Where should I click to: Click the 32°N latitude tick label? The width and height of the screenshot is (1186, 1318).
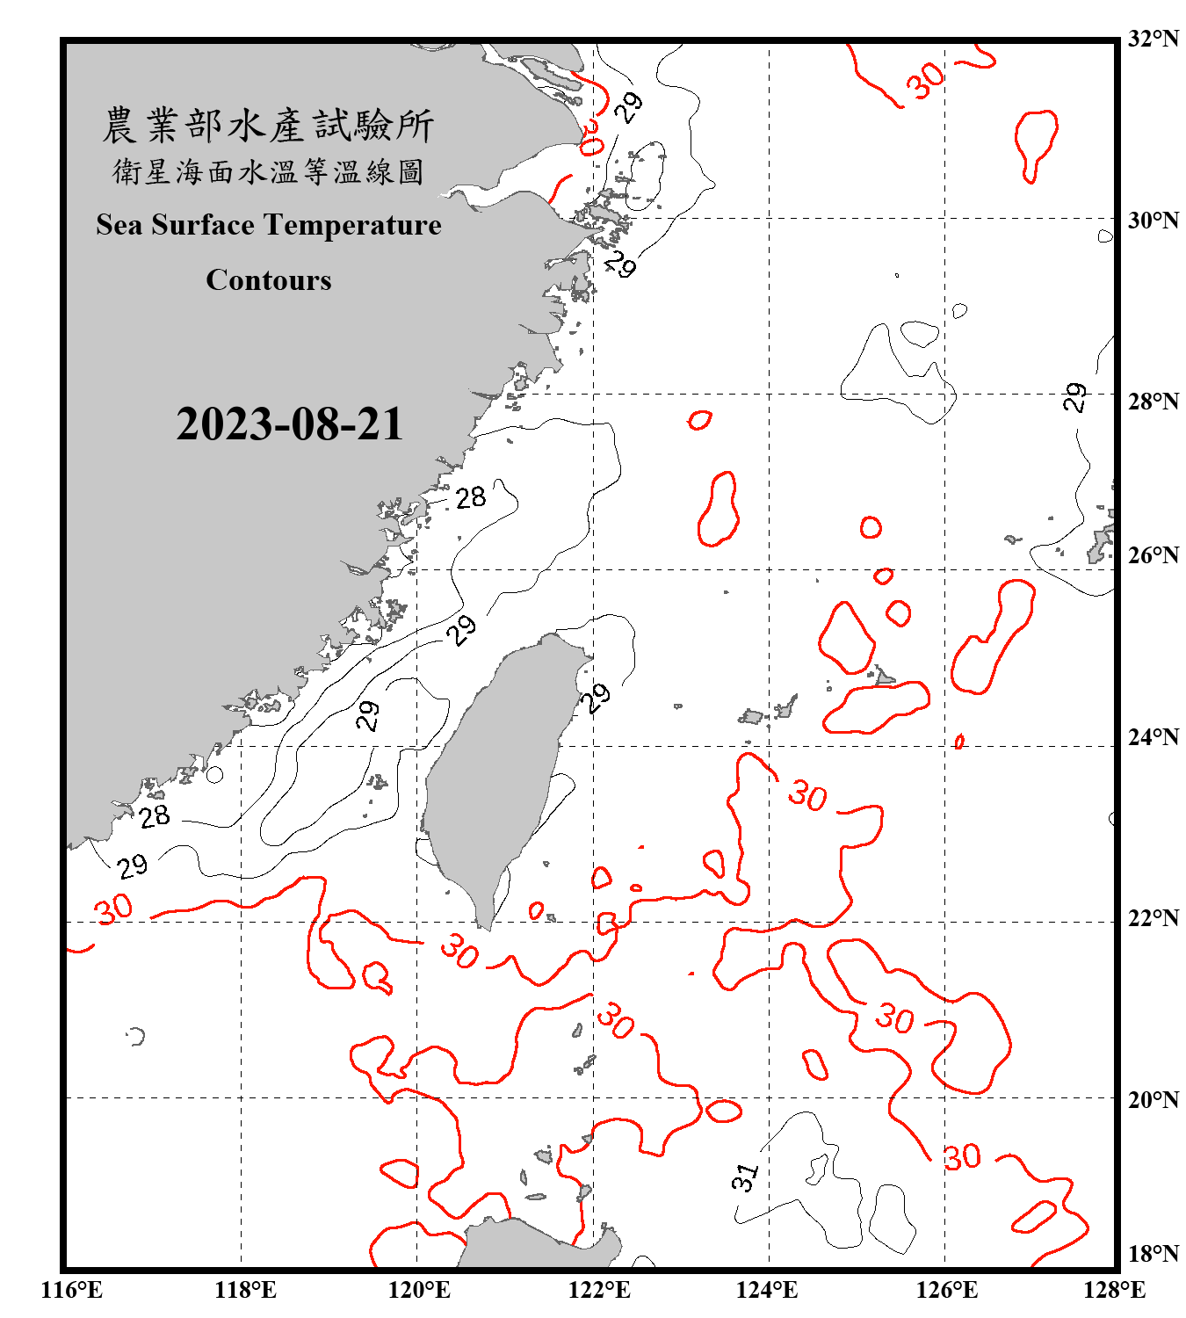1153,39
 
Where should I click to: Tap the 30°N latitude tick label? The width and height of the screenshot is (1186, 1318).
1153,221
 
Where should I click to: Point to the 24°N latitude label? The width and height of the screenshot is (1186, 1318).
1153,736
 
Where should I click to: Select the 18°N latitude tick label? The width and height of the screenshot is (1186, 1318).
1153,1253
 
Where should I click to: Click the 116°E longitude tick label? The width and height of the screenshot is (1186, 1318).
72,1290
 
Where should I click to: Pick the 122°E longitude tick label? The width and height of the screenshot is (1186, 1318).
600,1290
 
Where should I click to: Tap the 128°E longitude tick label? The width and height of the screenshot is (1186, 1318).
1114,1290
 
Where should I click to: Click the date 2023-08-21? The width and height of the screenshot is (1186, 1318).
289,424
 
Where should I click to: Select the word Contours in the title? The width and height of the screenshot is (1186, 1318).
269,280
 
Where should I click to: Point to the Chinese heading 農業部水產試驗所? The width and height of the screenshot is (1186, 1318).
268,126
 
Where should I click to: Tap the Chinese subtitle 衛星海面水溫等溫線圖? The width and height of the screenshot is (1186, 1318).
268,171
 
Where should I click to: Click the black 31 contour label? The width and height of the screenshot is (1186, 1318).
744,1177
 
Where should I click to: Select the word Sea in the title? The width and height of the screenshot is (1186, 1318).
119,225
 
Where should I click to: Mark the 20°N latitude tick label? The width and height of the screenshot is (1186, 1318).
1153,1099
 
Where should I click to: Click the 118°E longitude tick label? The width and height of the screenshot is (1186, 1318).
245,1290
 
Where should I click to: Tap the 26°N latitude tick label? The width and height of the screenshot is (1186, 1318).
1153,555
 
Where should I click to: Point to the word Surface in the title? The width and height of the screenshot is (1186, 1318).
203,225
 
